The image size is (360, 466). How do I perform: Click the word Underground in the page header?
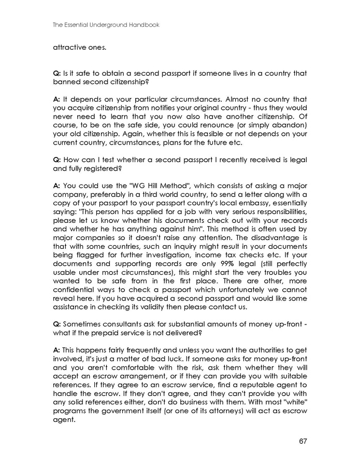[99, 24]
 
